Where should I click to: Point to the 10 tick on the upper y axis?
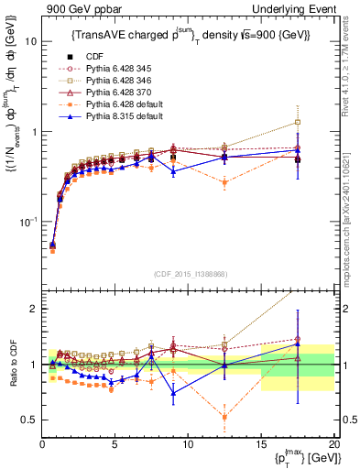pyautogui.click(x=29, y=42)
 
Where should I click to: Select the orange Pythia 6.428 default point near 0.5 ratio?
pyautogui.click(x=224, y=417)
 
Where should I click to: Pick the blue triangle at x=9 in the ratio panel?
pyautogui.click(x=173, y=393)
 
